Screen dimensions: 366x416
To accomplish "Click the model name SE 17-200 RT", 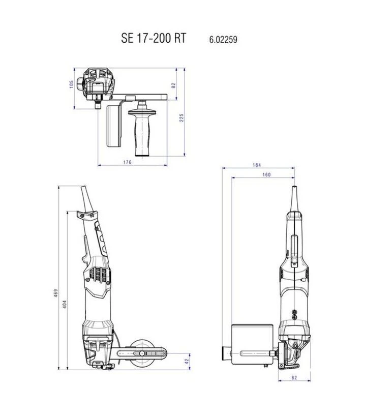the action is (154, 38).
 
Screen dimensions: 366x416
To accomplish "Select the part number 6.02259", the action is (223, 40).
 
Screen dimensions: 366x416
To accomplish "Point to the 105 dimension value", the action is (71, 84).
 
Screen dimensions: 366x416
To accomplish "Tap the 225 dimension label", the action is (181, 118).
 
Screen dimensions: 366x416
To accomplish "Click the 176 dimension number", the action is (127, 162).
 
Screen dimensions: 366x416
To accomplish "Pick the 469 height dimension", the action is (56, 293).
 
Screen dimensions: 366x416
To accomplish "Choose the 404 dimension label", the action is (65, 304).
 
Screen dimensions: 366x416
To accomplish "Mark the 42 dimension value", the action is (187, 361).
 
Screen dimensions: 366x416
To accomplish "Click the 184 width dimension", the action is (257, 165).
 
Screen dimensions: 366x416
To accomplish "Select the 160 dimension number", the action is (266, 174).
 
